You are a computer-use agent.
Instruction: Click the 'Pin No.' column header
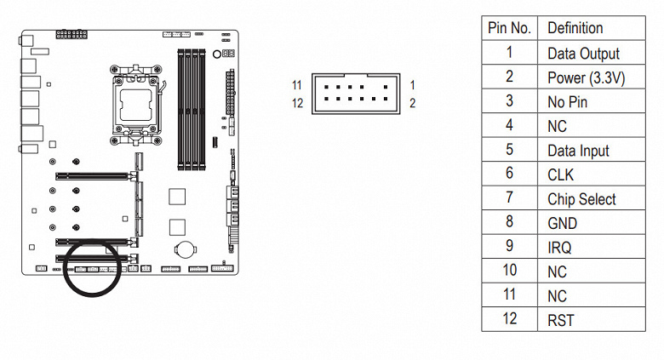click(509, 28)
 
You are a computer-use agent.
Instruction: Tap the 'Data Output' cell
click(583, 53)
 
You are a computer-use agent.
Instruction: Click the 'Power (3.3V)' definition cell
click(586, 77)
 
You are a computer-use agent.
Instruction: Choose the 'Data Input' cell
click(578, 151)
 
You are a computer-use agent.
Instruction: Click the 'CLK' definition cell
click(561, 174)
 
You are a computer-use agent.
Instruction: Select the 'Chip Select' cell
click(581, 199)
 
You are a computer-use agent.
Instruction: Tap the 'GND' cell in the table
click(562, 224)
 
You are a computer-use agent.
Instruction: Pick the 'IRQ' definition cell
click(559, 248)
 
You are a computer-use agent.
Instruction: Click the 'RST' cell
click(560, 321)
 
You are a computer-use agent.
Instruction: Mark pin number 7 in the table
click(509, 199)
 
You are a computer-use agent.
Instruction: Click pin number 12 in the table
click(509, 321)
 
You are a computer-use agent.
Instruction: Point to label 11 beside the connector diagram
click(296, 86)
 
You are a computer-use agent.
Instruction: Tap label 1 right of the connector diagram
click(411, 86)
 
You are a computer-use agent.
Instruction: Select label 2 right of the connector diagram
click(411, 103)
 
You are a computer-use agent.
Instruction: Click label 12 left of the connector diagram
click(296, 103)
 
